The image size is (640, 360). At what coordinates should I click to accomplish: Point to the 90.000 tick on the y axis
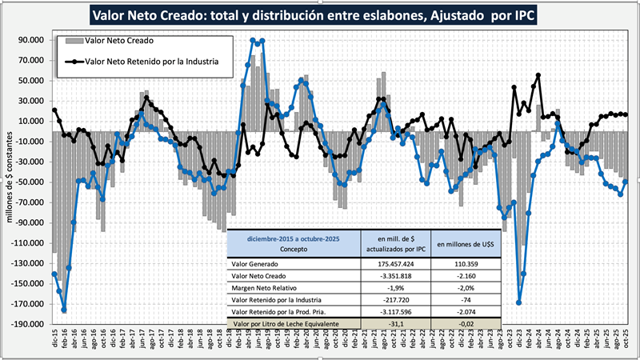pos(30,39)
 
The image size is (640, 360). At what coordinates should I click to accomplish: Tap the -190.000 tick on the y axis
pos(27,324)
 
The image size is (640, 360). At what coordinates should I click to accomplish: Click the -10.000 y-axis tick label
pos(30,142)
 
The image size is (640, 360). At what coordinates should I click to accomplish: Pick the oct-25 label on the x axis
pos(626,339)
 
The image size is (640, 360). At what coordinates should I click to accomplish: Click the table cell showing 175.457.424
pos(392,261)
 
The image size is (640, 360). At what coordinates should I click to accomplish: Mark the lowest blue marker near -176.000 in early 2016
pos(64,310)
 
